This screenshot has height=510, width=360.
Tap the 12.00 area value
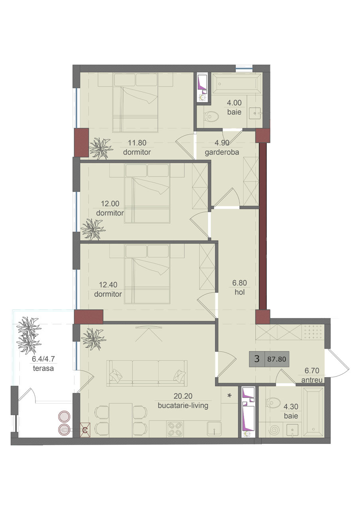(x=110, y=204)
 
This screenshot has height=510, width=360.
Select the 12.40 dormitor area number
(x=108, y=284)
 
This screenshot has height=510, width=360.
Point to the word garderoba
(x=222, y=152)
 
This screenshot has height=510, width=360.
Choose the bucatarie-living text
(x=183, y=406)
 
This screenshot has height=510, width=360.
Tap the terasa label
(x=43, y=368)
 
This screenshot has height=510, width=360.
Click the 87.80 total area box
(x=277, y=359)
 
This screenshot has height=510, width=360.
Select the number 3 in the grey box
(x=257, y=359)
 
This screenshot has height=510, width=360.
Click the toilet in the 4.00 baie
(x=211, y=117)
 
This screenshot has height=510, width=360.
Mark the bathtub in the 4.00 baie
(x=237, y=83)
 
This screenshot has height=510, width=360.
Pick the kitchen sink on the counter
(x=214, y=429)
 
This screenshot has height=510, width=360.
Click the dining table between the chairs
(x=121, y=420)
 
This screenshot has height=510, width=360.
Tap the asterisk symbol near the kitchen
(x=229, y=396)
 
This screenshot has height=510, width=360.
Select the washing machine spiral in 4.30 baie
(x=274, y=431)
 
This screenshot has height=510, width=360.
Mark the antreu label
(x=312, y=380)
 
